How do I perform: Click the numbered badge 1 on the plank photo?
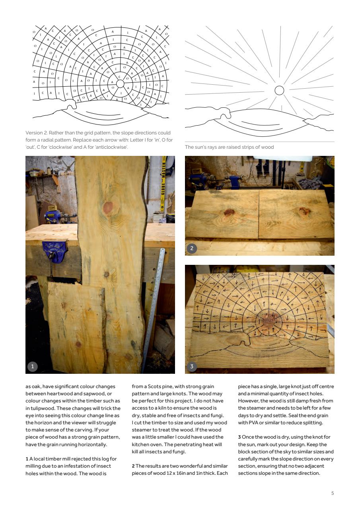(32, 367)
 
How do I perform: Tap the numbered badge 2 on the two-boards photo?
(191, 249)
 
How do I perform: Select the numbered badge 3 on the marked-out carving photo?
(191, 367)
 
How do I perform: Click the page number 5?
(333, 493)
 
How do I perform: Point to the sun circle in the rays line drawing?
(279, 90)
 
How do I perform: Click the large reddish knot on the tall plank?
(108, 207)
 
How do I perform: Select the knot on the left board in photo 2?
(229, 212)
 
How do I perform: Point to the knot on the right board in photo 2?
(304, 211)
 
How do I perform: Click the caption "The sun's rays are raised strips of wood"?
(229, 147)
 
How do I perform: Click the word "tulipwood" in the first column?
(42, 408)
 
